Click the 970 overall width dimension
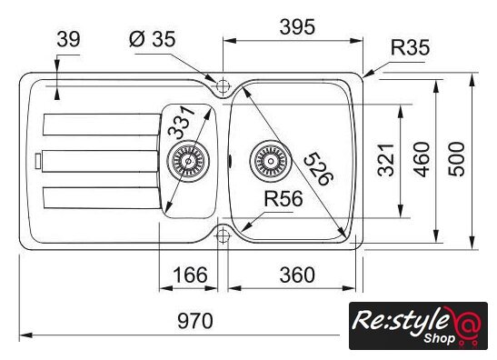click(195, 321)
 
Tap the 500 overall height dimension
click(457, 159)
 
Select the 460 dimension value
click(422, 159)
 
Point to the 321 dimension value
click(386, 160)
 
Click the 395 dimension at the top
click(297, 27)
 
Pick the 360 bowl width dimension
click(297, 275)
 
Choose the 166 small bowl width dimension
click(190, 275)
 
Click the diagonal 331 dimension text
click(181, 123)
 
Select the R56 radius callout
click(283, 199)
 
